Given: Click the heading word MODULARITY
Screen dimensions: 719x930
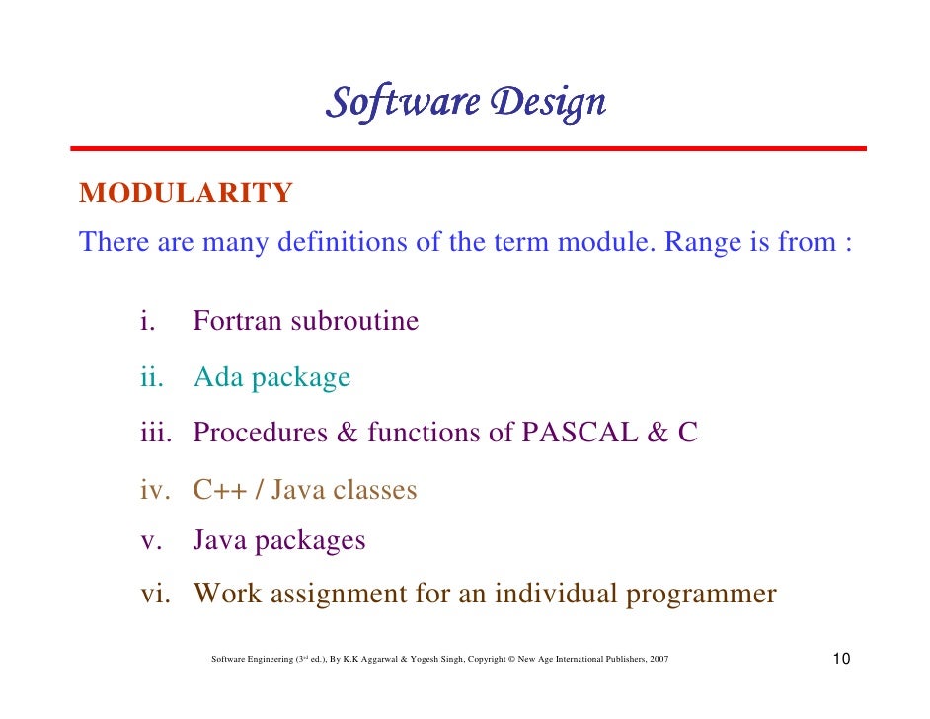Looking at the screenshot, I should [186, 194].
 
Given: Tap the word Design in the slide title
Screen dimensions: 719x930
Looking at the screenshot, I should [550, 102].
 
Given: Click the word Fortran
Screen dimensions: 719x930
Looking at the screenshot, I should [237, 322].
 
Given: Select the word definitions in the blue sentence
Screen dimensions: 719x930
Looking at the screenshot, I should [342, 243].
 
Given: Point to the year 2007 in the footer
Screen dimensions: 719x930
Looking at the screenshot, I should [659, 659].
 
